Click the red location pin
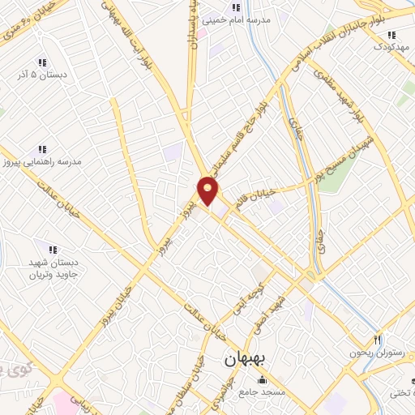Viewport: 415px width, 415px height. pos(209,191)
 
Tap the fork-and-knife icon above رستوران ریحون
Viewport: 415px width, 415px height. pos(377,339)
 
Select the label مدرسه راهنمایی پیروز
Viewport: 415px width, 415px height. pos(49,162)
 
